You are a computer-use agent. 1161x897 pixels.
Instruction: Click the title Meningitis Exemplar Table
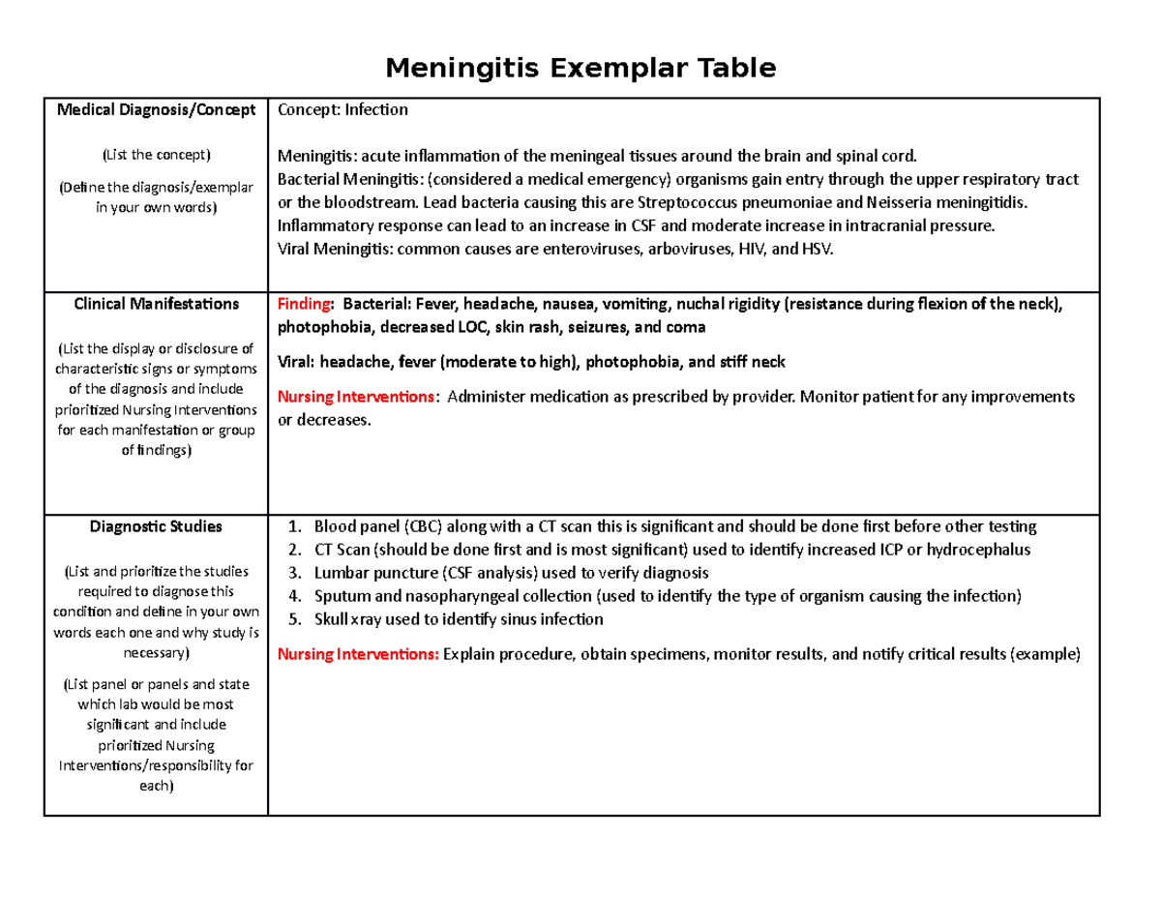click(580, 70)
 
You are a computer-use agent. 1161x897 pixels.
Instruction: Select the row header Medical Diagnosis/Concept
click(156, 110)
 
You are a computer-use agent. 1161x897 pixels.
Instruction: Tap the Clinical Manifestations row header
click(156, 304)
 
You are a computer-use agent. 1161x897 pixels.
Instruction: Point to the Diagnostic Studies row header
click(156, 526)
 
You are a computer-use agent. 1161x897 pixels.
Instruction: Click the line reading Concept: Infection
click(342, 110)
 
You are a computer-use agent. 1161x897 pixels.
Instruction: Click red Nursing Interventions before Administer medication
click(357, 398)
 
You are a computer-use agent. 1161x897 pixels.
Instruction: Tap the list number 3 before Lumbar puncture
click(295, 573)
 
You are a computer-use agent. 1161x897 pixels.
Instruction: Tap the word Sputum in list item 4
click(339, 596)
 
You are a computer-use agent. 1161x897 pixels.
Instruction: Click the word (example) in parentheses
click(1045, 654)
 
